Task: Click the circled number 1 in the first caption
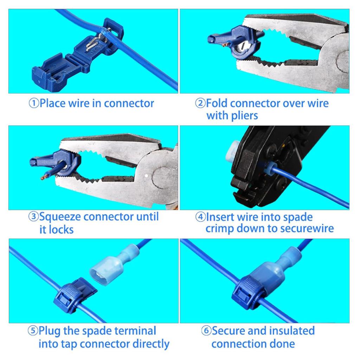[x=33, y=104]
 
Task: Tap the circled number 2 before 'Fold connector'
[x=200, y=104]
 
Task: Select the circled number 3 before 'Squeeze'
[x=33, y=217]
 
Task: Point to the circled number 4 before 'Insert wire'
[x=200, y=217]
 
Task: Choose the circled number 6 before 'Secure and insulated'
[x=206, y=331]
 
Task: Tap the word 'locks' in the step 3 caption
[x=61, y=230]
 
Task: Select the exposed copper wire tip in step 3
[x=44, y=177]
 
